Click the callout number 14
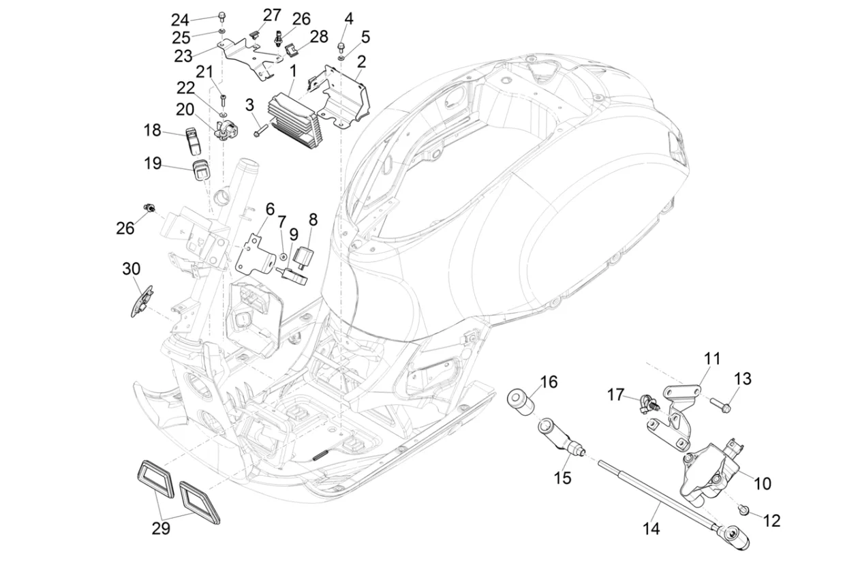point(651,528)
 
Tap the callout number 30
point(131,269)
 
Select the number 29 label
point(161,528)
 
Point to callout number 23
point(183,56)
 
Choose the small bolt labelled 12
point(744,510)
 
